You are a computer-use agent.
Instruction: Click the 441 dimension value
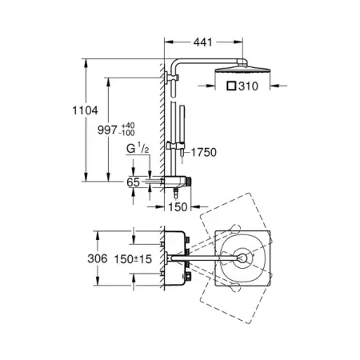click(x=203, y=42)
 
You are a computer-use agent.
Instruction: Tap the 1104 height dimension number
click(x=86, y=110)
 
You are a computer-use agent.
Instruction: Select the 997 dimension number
click(x=107, y=130)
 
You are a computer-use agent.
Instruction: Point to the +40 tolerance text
click(x=128, y=126)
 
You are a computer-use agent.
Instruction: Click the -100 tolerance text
click(x=127, y=133)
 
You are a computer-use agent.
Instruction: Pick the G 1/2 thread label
click(x=138, y=149)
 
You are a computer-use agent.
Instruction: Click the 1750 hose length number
click(x=204, y=152)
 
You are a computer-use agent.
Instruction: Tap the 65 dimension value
click(x=133, y=182)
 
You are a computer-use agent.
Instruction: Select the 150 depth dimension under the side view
click(x=178, y=207)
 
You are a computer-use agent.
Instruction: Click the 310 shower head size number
click(x=248, y=86)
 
